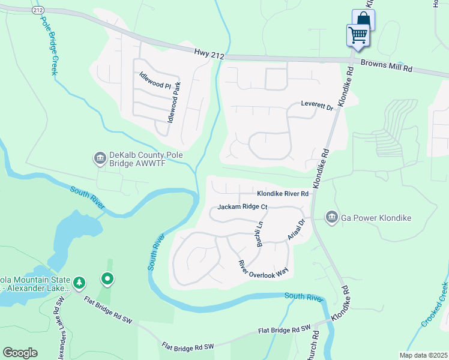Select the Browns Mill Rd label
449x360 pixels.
coord(386,67)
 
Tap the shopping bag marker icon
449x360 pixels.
coord(364,19)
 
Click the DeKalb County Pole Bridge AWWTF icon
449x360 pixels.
coord(98,158)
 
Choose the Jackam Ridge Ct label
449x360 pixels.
coord(242,208)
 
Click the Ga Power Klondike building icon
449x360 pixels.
coord(331,217)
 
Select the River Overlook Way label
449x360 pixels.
coord(263,268)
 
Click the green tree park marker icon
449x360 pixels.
coord(79,282)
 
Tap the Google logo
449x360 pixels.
coord(20,353)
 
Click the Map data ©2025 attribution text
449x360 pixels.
coord(422,355)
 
